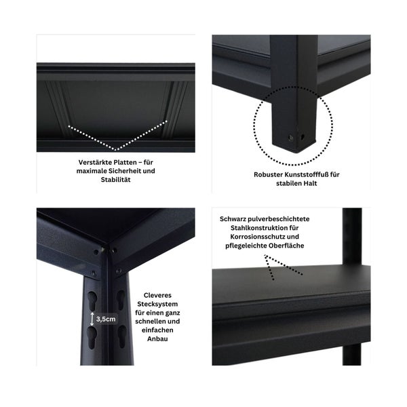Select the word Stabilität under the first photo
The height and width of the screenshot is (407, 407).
pyautogui.click(x=116, y=180)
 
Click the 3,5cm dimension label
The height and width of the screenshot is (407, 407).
pyautogui.click(x=106, y=317)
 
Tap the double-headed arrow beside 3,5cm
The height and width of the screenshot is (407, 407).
pyautogui.click(x=92, y=317)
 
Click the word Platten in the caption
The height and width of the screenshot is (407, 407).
pyautogui.click(x=125, y=163)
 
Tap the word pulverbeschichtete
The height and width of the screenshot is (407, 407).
pyautogui.click(x=281, y=219)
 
